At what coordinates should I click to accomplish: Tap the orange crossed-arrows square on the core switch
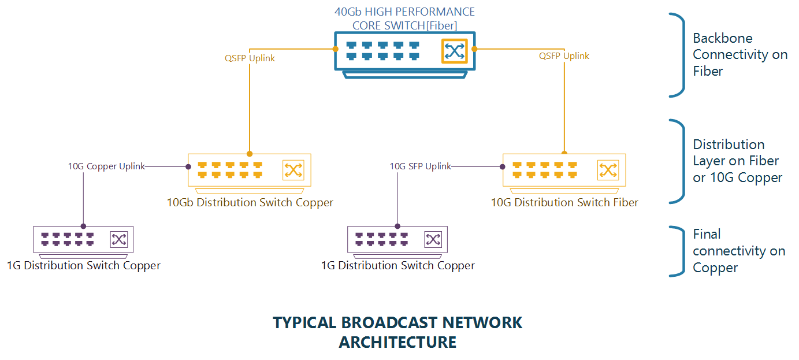point(455,51)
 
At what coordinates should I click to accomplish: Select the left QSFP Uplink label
point(250,58)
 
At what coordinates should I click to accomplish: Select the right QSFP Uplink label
point(564,56)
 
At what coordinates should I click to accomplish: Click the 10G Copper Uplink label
point(106,166)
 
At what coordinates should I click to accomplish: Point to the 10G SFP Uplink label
point(420,166)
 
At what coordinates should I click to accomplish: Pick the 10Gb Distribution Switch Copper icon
point(250,170)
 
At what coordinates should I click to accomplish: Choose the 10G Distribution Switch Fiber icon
point(564,170)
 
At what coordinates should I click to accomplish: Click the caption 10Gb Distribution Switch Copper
point(250,203)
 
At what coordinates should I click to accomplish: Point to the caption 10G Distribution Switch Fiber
point(564,203)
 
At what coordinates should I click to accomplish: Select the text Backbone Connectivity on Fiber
point(739,55)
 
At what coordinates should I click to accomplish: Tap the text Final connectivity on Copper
point(738,251)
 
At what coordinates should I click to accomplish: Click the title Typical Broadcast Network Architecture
point(397,332)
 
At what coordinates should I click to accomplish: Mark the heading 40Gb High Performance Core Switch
point(404,18)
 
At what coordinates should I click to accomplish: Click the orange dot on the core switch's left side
point(336,49)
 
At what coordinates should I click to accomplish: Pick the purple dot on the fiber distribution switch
point(502,166)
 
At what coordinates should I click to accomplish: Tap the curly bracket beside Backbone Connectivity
point(679,55)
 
